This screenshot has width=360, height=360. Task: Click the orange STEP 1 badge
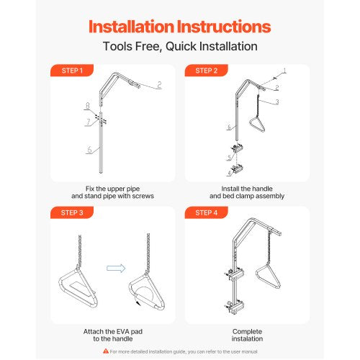[72, 71]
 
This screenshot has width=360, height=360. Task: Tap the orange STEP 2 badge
[206, 71]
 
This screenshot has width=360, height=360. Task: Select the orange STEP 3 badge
[72, 212]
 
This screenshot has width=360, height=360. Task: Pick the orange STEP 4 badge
[206, 212]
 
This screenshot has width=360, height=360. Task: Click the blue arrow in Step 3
[116, 268]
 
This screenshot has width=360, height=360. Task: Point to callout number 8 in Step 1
[88, 106]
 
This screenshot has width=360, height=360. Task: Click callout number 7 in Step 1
[89, 122]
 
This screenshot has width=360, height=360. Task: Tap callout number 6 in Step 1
[89, 150]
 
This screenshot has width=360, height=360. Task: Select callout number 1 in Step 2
[284, 71]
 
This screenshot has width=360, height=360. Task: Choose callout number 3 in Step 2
[277, 102]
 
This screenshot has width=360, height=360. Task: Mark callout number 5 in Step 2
[230, 158]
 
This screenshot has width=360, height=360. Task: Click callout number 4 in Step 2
[230, 173]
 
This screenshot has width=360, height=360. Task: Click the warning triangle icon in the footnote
[106, 351]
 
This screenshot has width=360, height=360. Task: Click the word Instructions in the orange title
[224, 27]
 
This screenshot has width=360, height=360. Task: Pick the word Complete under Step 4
[247, 331]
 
